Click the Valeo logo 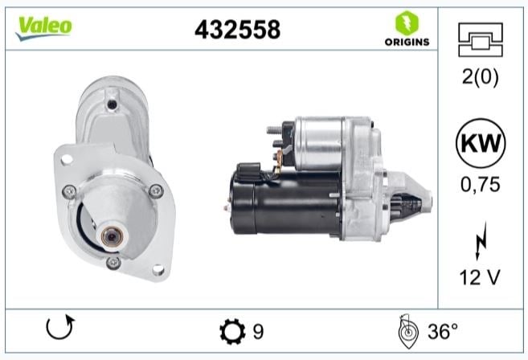point(43,28)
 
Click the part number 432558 point(237,29)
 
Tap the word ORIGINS point(407,42)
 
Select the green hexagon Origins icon point(407,22)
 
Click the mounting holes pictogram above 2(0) point(481,39)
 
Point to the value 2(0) point(481,76)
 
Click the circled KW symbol point(481,143)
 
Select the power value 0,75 point(481,184)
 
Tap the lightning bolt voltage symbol point(481,241)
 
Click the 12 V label point(480,277)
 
